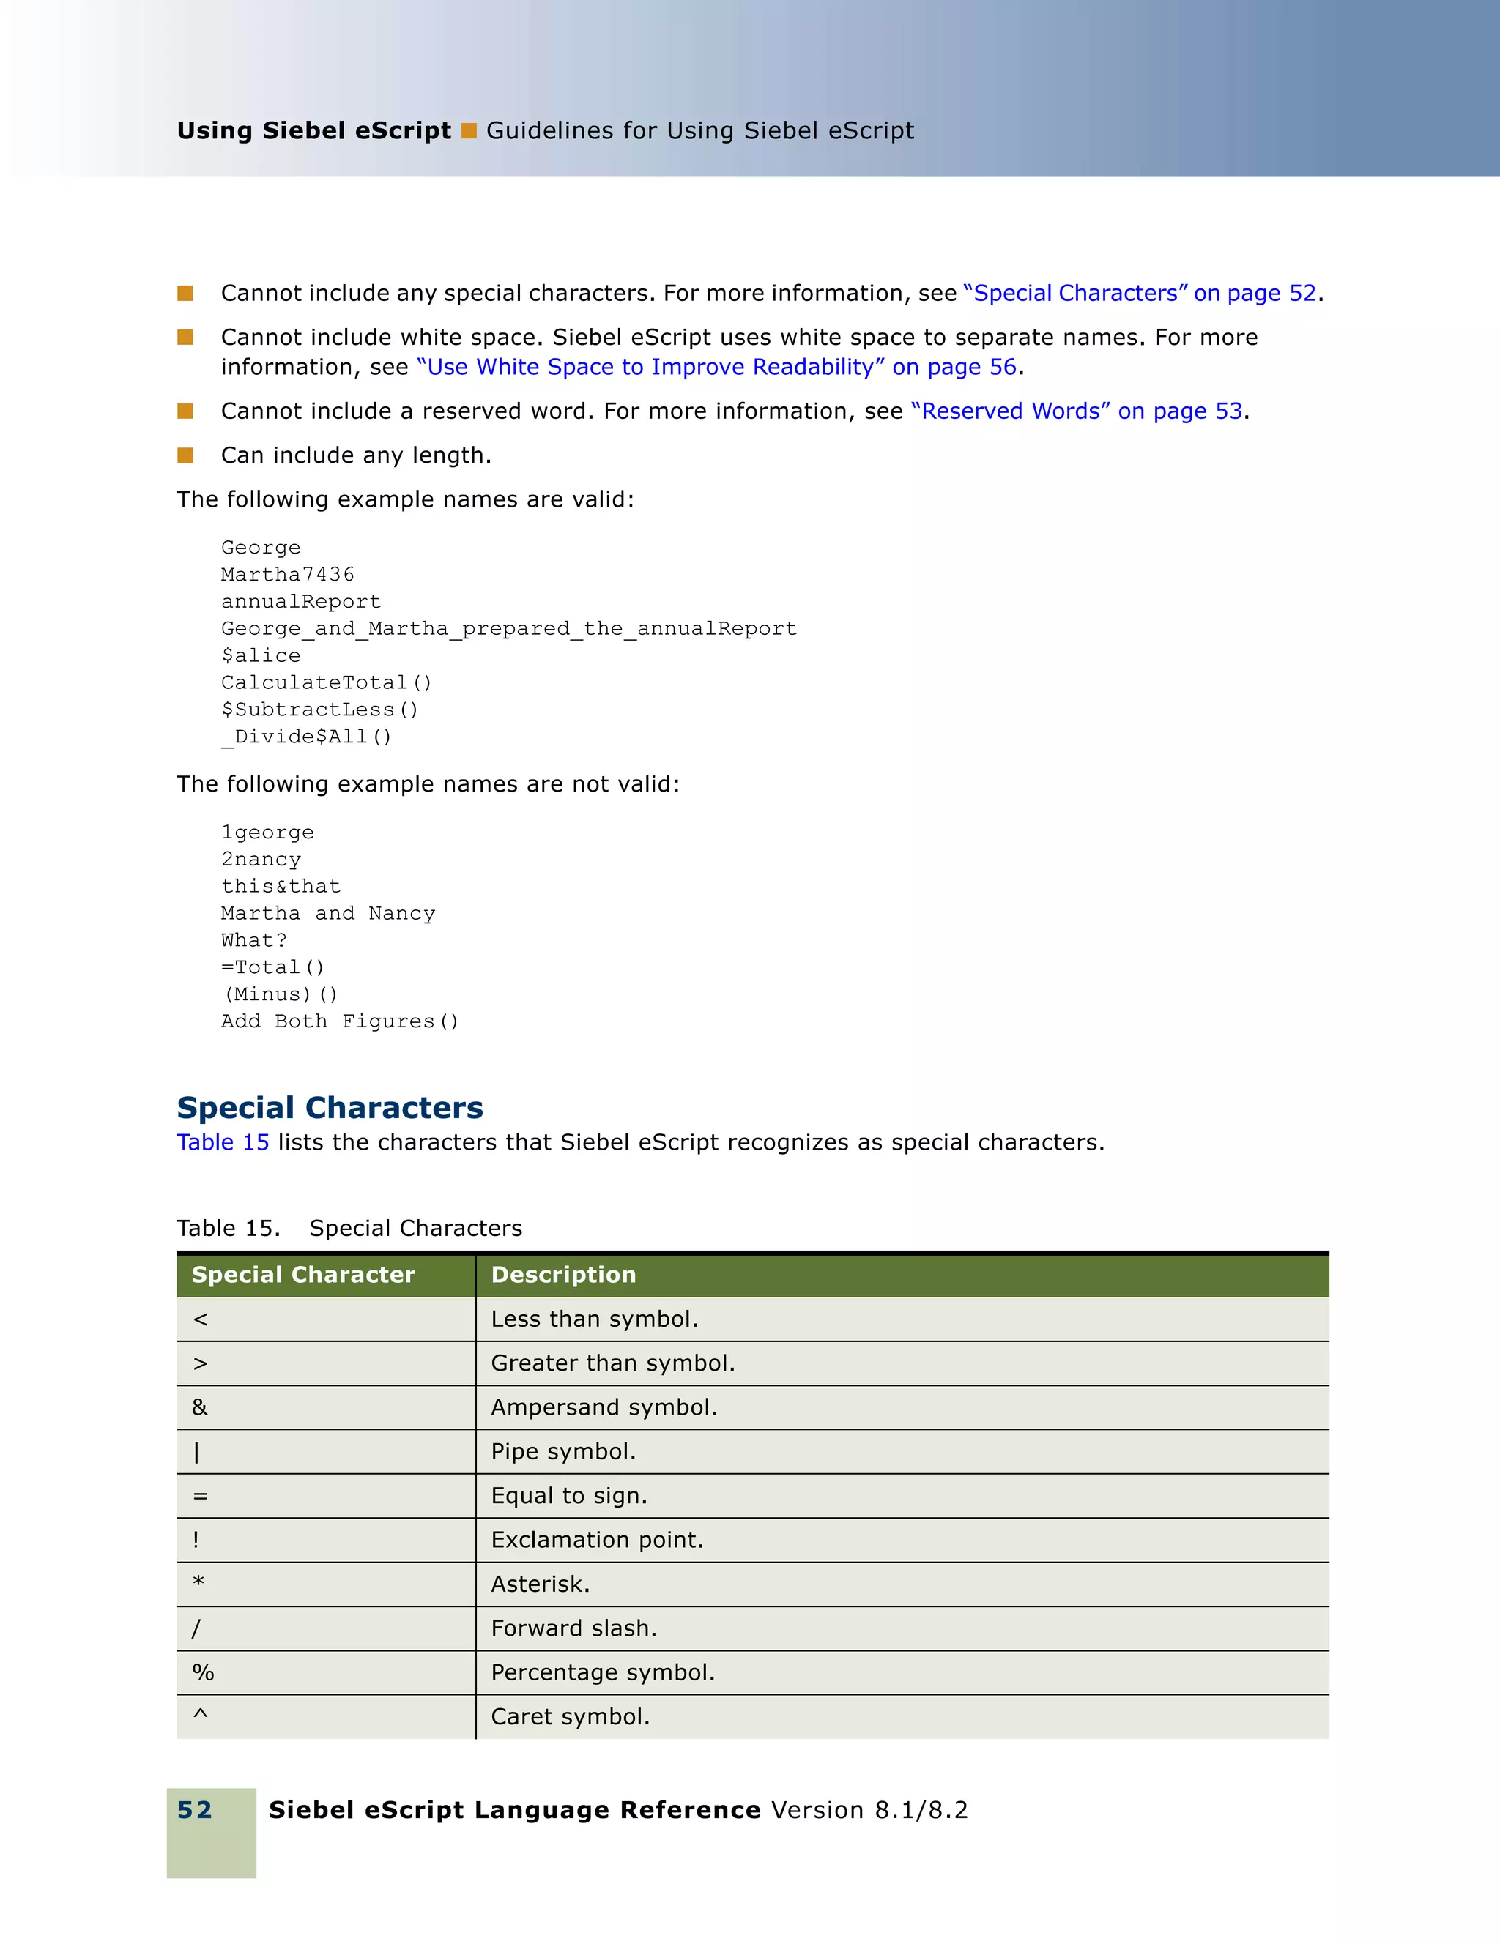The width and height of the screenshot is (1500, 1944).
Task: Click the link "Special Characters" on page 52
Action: coord(1140,294)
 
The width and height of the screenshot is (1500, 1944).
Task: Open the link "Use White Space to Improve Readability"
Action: coord(716,368)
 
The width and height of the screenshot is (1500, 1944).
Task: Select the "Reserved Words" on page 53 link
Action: coord(1076,411)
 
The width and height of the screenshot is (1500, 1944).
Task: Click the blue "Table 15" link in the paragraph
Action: coord(223,1143)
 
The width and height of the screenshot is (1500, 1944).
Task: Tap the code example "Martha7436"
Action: coord(288,575)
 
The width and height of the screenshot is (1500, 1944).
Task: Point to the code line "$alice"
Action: coord(261,656)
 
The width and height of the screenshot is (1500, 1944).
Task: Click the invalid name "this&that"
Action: coord(281,887)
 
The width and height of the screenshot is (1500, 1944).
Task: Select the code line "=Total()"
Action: coord(272,967)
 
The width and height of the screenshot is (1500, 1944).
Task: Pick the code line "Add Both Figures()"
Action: coord(339,1022)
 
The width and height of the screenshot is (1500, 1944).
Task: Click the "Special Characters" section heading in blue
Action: coord(330,1107)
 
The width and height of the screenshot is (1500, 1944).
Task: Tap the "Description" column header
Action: coord(563,1275)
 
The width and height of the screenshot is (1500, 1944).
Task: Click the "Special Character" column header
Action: coord(302,1275)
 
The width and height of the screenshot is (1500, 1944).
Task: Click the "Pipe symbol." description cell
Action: coord(563,1452)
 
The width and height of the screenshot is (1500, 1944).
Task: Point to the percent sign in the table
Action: coord(203,1672)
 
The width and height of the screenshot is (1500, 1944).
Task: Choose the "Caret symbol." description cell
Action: coord(571,1717)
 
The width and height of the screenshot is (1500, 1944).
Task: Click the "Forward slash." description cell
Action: coord(574,1629)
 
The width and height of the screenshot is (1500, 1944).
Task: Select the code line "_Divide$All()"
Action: coord(306,737)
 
